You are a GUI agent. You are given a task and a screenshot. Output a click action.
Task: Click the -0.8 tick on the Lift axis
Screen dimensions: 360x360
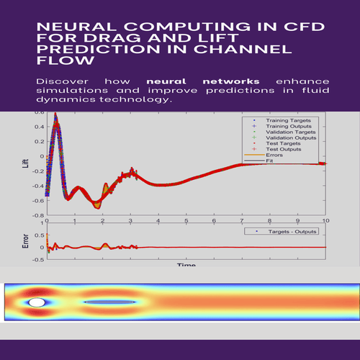tap(36, 215)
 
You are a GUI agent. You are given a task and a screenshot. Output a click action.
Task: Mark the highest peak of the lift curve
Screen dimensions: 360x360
tap(57, 124)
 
